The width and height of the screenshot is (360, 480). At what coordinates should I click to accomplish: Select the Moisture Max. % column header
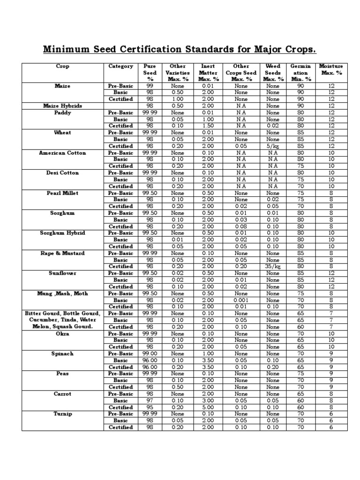coord(331,69)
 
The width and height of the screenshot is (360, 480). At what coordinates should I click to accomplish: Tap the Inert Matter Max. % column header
coord(208,73)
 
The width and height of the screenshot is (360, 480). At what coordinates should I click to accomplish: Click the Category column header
coord(121,66)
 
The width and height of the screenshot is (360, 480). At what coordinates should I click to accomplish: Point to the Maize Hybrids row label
coord(62,106)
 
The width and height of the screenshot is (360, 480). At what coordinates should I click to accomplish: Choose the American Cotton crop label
coord(62,153)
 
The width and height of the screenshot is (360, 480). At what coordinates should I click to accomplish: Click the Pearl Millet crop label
coord(62,193)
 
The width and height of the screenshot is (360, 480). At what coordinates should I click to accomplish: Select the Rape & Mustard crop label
coord(62,253)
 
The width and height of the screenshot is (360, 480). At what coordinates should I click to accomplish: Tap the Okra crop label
coord(62,334)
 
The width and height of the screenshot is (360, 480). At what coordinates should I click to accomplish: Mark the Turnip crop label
coord(62,414)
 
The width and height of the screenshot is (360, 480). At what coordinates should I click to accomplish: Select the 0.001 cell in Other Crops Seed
coord(241,300)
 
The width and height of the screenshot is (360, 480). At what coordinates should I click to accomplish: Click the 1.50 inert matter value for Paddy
coord(208,126)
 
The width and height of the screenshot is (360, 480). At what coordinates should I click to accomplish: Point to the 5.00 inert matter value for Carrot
coord(208,407)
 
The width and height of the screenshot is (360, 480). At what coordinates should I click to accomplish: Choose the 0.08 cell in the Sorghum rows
coord(241,226)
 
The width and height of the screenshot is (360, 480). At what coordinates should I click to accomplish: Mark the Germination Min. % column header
coord(300,73)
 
